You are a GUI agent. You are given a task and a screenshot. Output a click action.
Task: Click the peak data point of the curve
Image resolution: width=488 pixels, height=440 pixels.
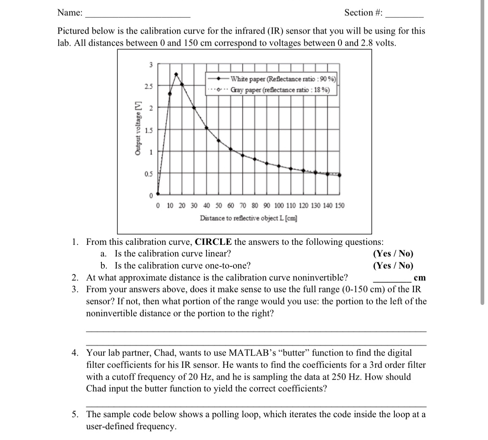coord(176,74)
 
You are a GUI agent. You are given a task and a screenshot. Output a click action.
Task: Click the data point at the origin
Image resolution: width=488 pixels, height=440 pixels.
coord(157,193)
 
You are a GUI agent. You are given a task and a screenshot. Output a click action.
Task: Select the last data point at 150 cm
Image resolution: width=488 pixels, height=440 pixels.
coord(340,175)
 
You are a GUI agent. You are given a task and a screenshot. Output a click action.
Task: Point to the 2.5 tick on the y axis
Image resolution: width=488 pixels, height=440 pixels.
coord(148,86)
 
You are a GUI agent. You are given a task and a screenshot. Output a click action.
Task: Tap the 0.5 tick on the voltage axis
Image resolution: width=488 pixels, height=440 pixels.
coord(148,174)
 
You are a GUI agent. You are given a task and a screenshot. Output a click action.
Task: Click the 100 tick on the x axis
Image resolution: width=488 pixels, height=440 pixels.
coord(279,205)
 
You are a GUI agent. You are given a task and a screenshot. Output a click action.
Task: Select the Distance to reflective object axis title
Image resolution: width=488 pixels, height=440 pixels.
coord(248,218)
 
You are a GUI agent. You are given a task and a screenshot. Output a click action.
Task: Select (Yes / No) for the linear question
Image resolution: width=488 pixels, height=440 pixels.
coord(393,254)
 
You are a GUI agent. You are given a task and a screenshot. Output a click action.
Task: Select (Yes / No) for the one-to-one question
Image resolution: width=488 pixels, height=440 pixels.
coord(393,266)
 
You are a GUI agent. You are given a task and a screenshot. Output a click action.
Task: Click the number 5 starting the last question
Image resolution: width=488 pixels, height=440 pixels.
coord(74,414)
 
